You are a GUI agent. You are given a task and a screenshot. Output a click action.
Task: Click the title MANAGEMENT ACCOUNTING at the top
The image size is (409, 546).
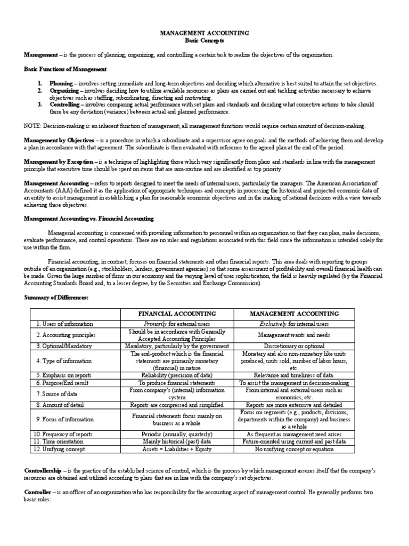coord(204,33)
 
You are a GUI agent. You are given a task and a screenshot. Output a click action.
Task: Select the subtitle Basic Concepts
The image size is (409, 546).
coord(204,41)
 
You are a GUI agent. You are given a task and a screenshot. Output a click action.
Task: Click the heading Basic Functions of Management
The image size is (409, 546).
coord(66,69)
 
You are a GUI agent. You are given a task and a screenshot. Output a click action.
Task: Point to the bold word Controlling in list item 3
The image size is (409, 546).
coord(64,105)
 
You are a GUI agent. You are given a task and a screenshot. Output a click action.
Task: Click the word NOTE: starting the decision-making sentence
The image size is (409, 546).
coord(32,126)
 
